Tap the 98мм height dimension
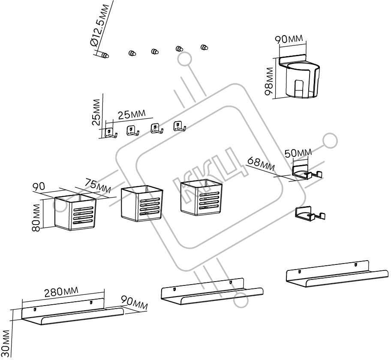[269, 81]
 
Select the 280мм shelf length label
[61, 291]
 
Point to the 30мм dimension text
[6, 344]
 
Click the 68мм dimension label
[261, 164]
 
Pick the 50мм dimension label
[298, 153]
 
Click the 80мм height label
[36, 218]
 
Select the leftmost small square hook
[111, 132]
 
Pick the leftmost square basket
[75, 213]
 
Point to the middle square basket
[141, 203]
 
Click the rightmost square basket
[201, 198]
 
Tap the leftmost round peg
[105, 55]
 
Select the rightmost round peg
[205, 47]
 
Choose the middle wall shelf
[212, 291]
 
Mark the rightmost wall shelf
[337, 274]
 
